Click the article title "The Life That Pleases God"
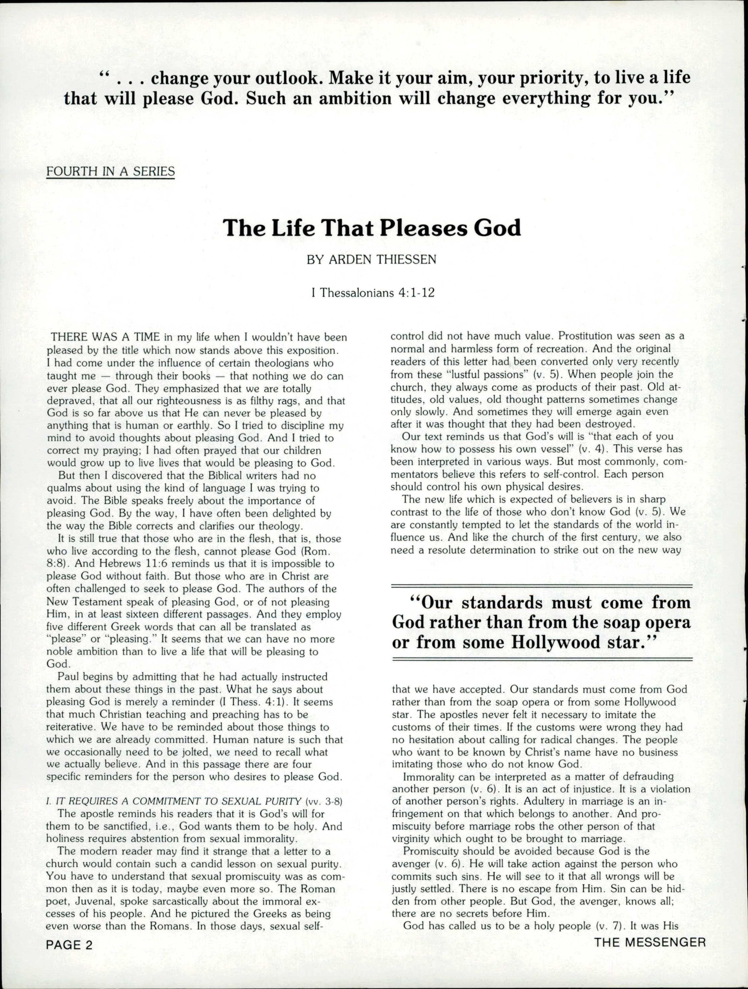(x=372, y=228)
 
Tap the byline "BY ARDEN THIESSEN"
(x=371, y=260)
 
